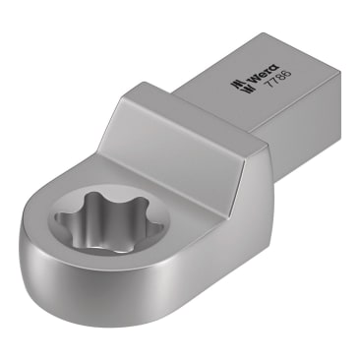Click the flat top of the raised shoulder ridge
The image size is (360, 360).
coord(187,116)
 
